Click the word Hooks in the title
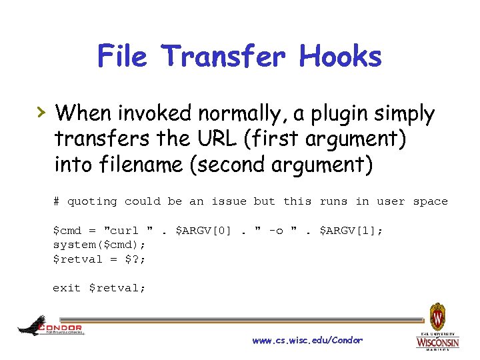tap(341, 56)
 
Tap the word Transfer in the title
tap(225, 56)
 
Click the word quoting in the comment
tap(92, 201)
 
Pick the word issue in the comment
tap(229, 201)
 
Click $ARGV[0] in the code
tap(203, 231)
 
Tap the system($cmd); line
tap(89, 245)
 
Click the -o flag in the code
tap(275, 231)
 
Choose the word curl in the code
tap(125, 231)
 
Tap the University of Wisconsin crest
tap(437, 316)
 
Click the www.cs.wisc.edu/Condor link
tap(307, 341)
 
